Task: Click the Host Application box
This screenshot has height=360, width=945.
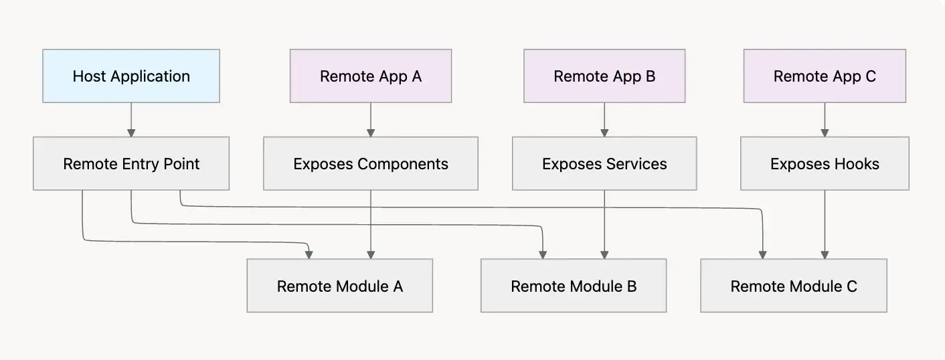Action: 131,76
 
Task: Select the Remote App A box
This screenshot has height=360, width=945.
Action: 370,76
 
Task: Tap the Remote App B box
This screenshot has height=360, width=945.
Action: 604,76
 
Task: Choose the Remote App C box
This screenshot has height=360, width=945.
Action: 824,76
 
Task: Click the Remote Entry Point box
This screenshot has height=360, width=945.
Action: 131,163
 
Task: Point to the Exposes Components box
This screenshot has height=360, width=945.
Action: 370,163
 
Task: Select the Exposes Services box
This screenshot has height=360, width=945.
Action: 604,163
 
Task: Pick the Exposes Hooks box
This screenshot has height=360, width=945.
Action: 824,163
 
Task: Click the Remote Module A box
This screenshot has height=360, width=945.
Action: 339,286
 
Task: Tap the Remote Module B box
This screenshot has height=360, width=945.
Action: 573,286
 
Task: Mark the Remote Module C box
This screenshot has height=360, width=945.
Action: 793,286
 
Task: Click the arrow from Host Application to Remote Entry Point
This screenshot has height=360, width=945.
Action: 131,120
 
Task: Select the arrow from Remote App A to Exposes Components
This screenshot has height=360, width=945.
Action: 370,120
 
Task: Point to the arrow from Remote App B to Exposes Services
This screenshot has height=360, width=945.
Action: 604,120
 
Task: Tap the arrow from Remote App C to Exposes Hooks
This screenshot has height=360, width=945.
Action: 824,120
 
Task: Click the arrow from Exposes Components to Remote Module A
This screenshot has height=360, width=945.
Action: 370,224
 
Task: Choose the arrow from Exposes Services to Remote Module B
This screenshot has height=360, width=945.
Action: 604,224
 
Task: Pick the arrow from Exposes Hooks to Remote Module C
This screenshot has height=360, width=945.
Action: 824,224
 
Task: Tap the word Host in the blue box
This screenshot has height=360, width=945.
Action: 90,76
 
